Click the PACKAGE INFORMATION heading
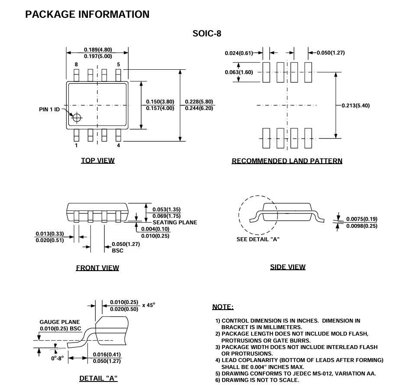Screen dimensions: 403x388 pos(87,14)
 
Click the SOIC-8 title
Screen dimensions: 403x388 pos(207,33)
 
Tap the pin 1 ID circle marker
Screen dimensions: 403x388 pos(77,118)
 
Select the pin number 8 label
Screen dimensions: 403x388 pos(76,65)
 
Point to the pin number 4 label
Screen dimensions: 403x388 pos(118,145)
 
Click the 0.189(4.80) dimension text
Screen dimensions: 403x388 pos(98,50)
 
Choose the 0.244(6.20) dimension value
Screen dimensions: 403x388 pos(199,108)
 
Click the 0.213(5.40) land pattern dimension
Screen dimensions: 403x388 pos(356,105)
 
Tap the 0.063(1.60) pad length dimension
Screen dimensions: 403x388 pos(239,72)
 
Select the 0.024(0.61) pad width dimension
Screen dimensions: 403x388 pos(239,53)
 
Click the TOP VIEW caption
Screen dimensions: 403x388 pos(98,161)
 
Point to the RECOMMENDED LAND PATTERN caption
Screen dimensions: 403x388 pos(287,161)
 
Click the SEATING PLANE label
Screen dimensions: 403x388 pos(175,223)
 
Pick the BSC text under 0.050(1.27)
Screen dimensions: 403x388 pos(117,250)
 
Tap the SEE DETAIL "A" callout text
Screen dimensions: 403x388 pos(258,239)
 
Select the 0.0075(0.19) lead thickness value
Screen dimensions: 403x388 pos(361,219)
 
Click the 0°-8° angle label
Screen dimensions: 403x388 pos(57,358)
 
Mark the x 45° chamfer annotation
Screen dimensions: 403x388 pos(148,305)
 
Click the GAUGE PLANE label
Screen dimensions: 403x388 pos(60,322)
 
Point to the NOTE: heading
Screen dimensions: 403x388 pos(223,307)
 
